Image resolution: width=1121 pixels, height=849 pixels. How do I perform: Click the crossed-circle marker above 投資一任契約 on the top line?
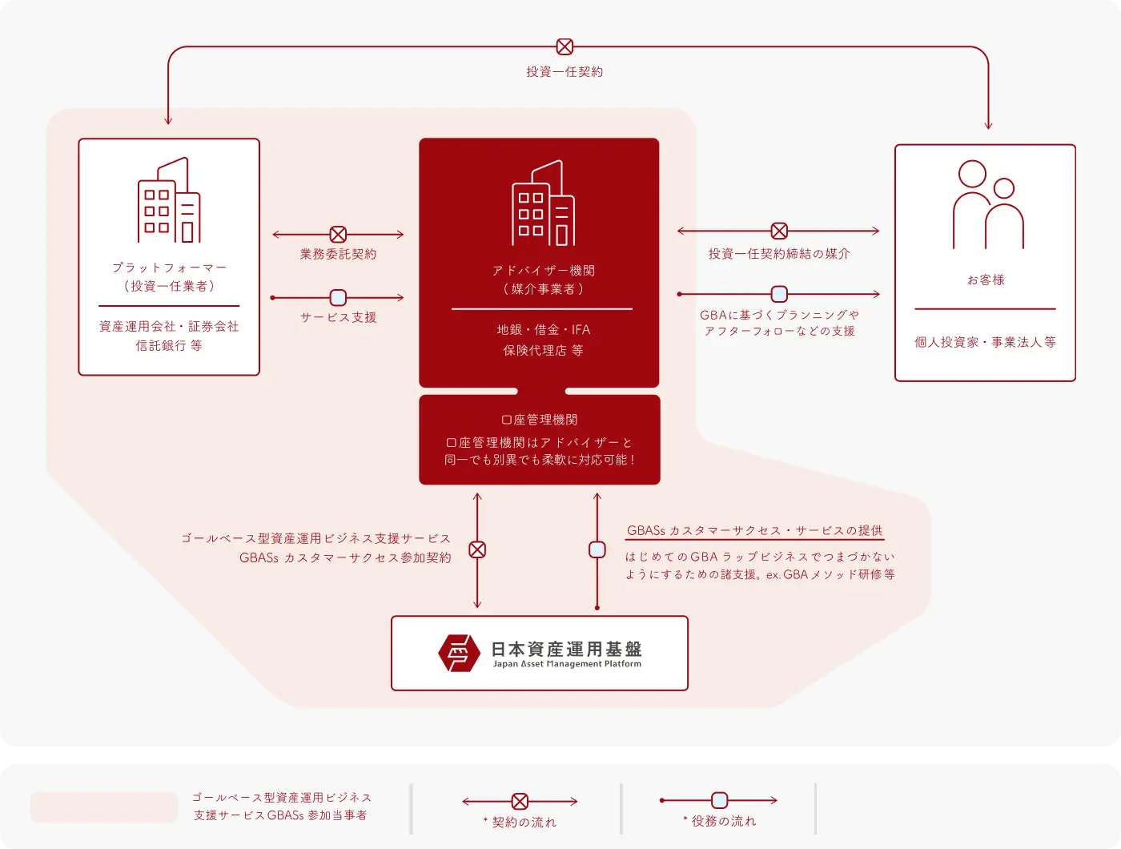pyautogui.click(x=565, y=47)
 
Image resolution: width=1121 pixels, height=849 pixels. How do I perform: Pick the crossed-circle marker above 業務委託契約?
pyautogui.click(x=338, y=235)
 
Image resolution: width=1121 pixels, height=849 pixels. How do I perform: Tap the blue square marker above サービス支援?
pyautogui.click(x=338, y=298)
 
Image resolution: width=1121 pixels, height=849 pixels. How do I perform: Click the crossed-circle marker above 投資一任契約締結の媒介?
pyautogui.click(x=778, y=231)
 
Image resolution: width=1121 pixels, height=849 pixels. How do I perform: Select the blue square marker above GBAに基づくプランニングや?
pyautogui.click(x=778, y=294)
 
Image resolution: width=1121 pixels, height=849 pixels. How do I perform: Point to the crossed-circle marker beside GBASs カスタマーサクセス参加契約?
pyautogui.click(x=477, y=549)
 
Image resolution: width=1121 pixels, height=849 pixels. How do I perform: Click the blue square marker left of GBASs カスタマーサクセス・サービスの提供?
pyautogui.click(x=597, y=549)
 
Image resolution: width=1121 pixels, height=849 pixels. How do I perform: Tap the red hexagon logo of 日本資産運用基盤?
pyautogui.click(x=459, y=653)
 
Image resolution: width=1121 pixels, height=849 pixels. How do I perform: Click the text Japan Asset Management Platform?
pyautogui.click(x=567, y=664)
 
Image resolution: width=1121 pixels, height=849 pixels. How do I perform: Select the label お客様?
pyautogui.click(x=986, y=280)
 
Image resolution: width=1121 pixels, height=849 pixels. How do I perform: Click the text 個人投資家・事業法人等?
pyautogui.click(x=985, y=342)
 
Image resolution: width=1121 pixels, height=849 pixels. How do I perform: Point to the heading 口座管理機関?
pyautogui.click(x=540, y=420)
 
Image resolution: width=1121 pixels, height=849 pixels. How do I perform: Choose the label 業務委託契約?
pyautogui.click(x=338, y=254)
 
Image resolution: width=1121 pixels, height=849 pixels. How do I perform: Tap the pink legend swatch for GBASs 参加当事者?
pyautogui.click(x=104, y=807)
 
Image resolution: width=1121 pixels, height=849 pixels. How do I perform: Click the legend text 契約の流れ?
pyautogui.click(x=524, y=822)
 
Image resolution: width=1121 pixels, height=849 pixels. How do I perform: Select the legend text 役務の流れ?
pyautogui.click(x=723, y=821)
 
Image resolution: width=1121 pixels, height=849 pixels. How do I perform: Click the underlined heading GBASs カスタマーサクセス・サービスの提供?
pyautogui.click(x=754, y=531)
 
